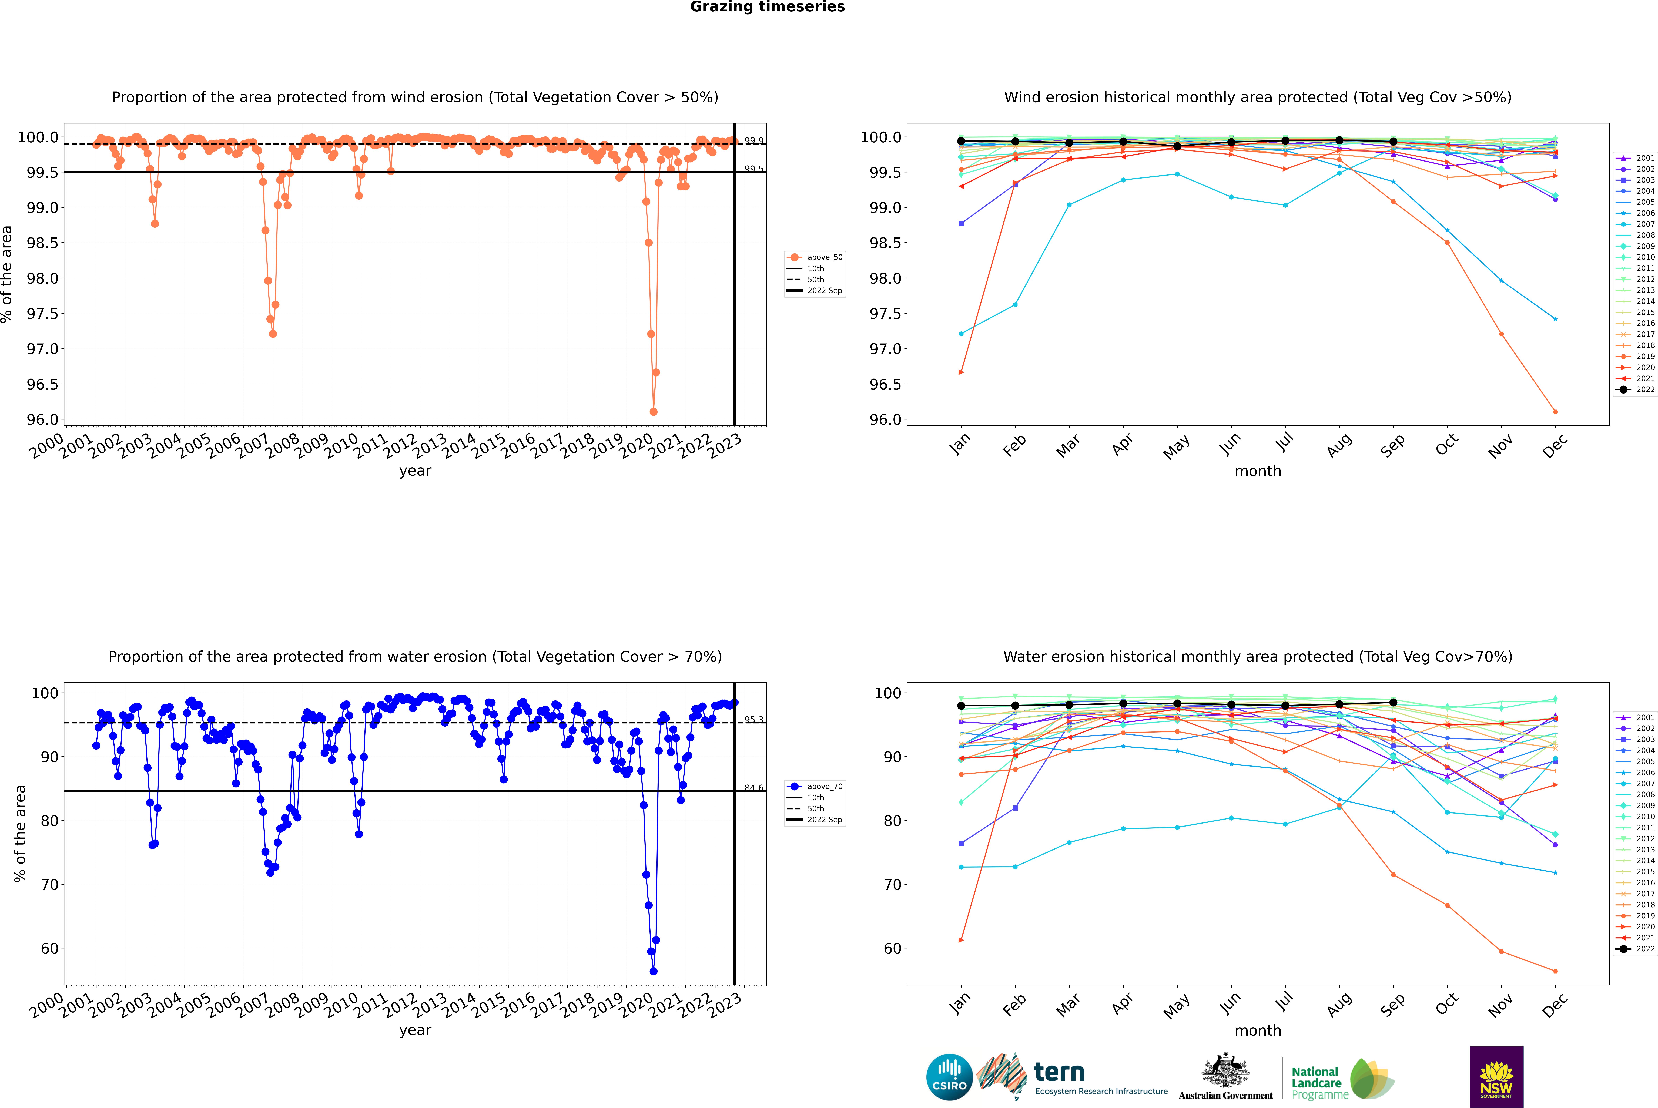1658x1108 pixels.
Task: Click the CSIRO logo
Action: (949, 1077)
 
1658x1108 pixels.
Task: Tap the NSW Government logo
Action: (1496, 1077)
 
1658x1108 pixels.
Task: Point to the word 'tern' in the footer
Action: (1059, 1072)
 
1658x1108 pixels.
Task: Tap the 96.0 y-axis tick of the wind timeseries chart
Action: (42, 420)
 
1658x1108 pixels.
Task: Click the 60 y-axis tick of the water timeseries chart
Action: (49, 948)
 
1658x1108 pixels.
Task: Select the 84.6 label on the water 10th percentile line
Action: (753, 788)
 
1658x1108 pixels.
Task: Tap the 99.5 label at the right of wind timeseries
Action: (753, 169)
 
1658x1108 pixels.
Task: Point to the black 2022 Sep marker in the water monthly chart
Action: (1393, 702)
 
